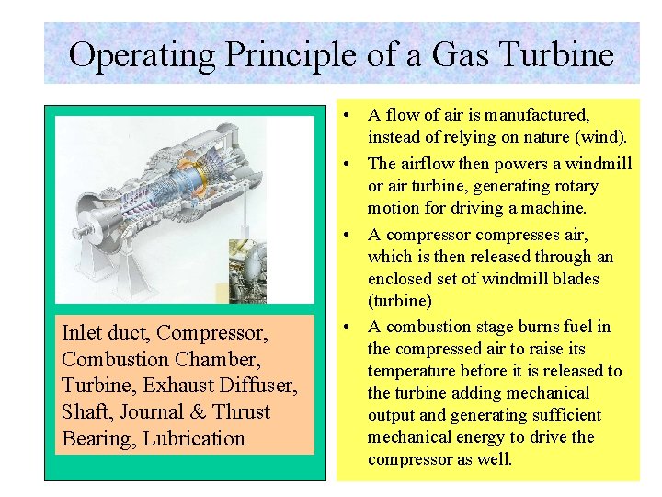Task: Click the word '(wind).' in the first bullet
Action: (x=600, y=138)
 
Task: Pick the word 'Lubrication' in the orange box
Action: (x=195, y=439)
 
